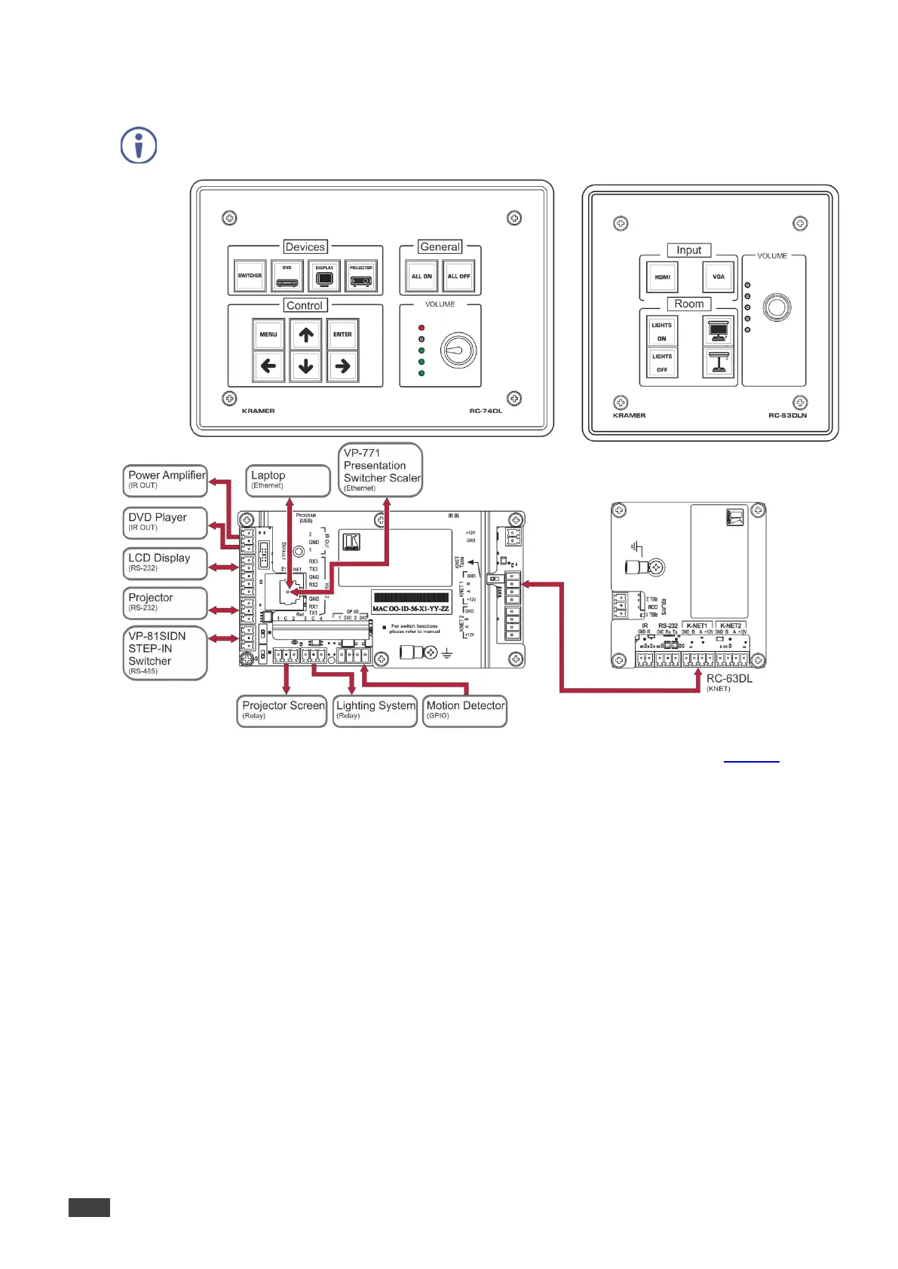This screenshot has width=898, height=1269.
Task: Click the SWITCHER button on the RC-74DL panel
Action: (x=250, y=276)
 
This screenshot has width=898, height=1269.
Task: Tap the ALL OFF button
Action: (x=458, y=276)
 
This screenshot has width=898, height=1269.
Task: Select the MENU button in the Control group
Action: (x=268, y=334)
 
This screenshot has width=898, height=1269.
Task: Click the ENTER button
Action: (x=342, y=334)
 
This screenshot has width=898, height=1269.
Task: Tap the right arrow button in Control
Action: (x=342, y=367)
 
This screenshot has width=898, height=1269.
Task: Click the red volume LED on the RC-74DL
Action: (x=421, y=328)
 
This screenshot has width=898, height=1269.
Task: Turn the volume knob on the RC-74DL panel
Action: (x=458, y=350)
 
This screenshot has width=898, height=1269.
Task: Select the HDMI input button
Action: (x=662, y=277)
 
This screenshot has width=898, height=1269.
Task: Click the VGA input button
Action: (x=718, y=277)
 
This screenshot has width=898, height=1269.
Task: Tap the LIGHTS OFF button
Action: (x=662, y=362)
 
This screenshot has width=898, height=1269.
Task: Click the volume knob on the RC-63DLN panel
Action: (x=777, y=307)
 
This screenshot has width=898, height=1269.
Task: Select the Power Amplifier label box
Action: (x=165, y=480)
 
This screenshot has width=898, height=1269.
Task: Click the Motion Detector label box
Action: (x=465, y=711)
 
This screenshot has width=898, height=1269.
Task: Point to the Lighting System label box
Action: (x=375, y=711)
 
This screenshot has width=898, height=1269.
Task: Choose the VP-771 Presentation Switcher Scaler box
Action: (x=381, y=469)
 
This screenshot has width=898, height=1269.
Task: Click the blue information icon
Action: (x=139, y=145)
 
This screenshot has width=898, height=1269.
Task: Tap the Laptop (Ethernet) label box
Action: (x=288, y=480)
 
